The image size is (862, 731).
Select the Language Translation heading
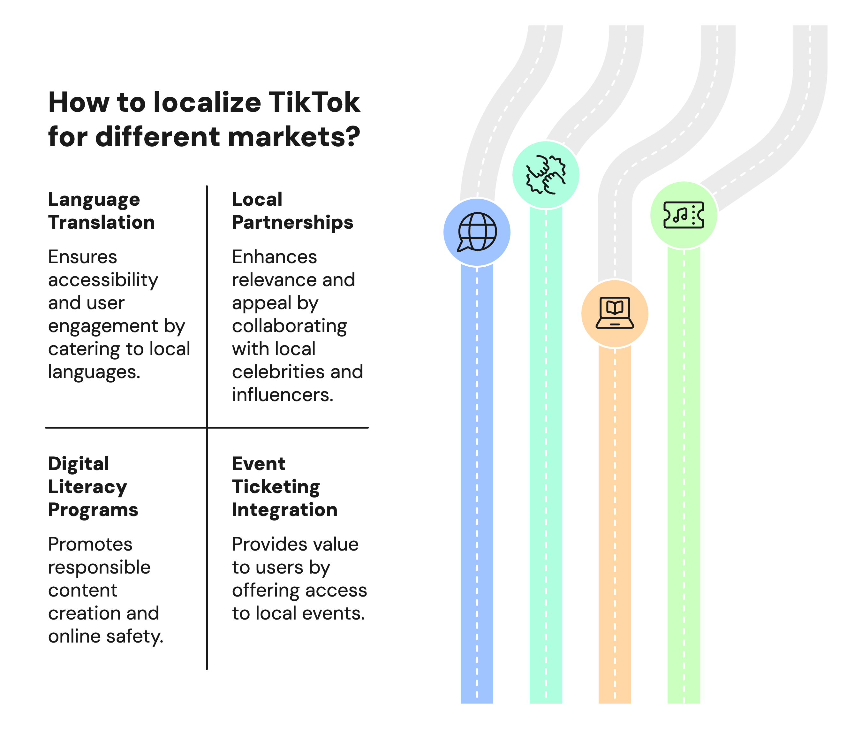(102, 211)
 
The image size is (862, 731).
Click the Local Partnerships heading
(292, 211)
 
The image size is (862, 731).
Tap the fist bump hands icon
(546, 174)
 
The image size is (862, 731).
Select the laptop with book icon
(615, 313)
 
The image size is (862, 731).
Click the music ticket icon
(684, 215)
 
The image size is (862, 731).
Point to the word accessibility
(103, 280)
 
